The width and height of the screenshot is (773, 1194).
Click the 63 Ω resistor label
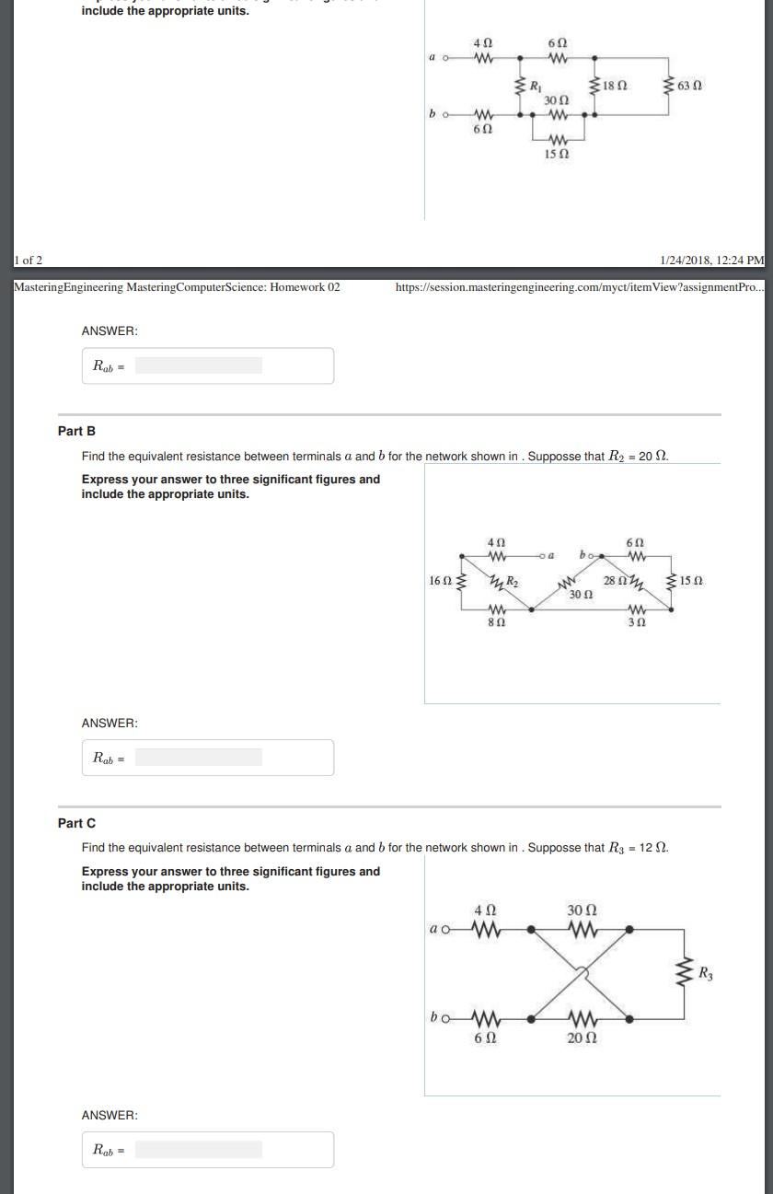[690, 86]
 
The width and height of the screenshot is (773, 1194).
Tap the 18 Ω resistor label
[616, 86]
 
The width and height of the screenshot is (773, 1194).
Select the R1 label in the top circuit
[536, 87]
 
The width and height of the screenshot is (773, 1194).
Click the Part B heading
[76, 431]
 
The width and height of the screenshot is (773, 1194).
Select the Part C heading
[76, 823]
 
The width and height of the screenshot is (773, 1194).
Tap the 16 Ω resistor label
[440, 581]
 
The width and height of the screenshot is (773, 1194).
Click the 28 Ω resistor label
[615, 581]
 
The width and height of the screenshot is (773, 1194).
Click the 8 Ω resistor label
[496, 623]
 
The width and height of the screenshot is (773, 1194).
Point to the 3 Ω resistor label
[637, 623]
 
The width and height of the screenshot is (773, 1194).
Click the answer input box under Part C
[198, 1149]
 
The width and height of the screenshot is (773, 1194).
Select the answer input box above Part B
[198, 365]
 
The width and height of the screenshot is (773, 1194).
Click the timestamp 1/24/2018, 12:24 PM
[711, 261]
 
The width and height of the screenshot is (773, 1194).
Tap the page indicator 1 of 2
[28, 261]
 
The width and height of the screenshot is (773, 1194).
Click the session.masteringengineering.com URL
[579, 287]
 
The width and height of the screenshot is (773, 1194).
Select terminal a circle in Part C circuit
[446, 930]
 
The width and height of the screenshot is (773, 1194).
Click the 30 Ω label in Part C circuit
[583, 910]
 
